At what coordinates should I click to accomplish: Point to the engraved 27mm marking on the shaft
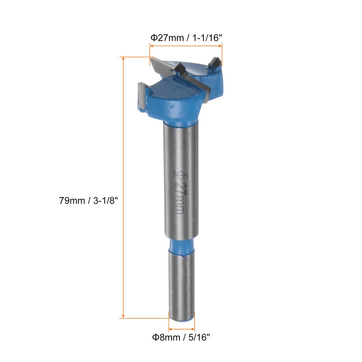pos(180,200)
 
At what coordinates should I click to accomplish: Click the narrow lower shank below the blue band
pos(181,287)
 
